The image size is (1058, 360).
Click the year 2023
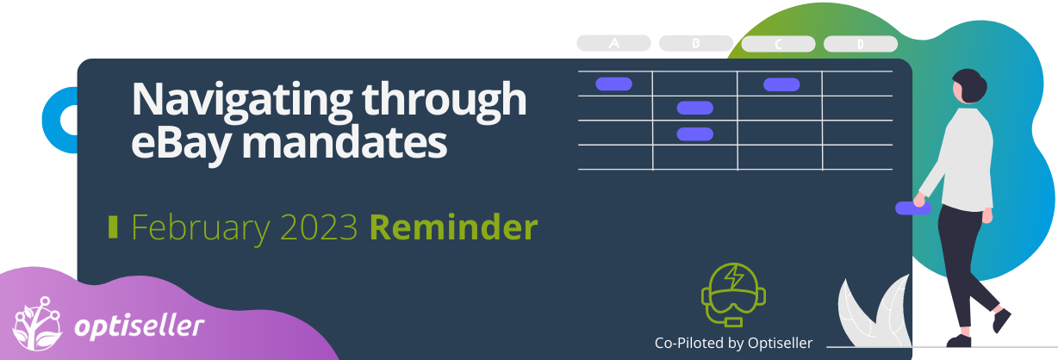tap(319, 227)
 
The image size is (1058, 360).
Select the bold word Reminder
tap(453, 227)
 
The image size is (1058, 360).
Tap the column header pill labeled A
tap(613, 43)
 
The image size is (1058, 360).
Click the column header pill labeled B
tap(696, 43)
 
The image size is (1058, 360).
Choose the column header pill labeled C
tap(778, 44)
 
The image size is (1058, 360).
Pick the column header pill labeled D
tap(860, 44)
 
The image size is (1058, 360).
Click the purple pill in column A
tap(613, 84)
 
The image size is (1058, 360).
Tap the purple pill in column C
tap(781, 84)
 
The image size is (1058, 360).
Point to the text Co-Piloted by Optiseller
tap(733, 343)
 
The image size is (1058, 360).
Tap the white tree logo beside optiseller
tap(37, 324)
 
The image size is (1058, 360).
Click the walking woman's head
tap(969, 85)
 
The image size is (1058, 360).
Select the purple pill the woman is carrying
tap(913, 208)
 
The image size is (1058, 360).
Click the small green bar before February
tap(113, 227)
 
